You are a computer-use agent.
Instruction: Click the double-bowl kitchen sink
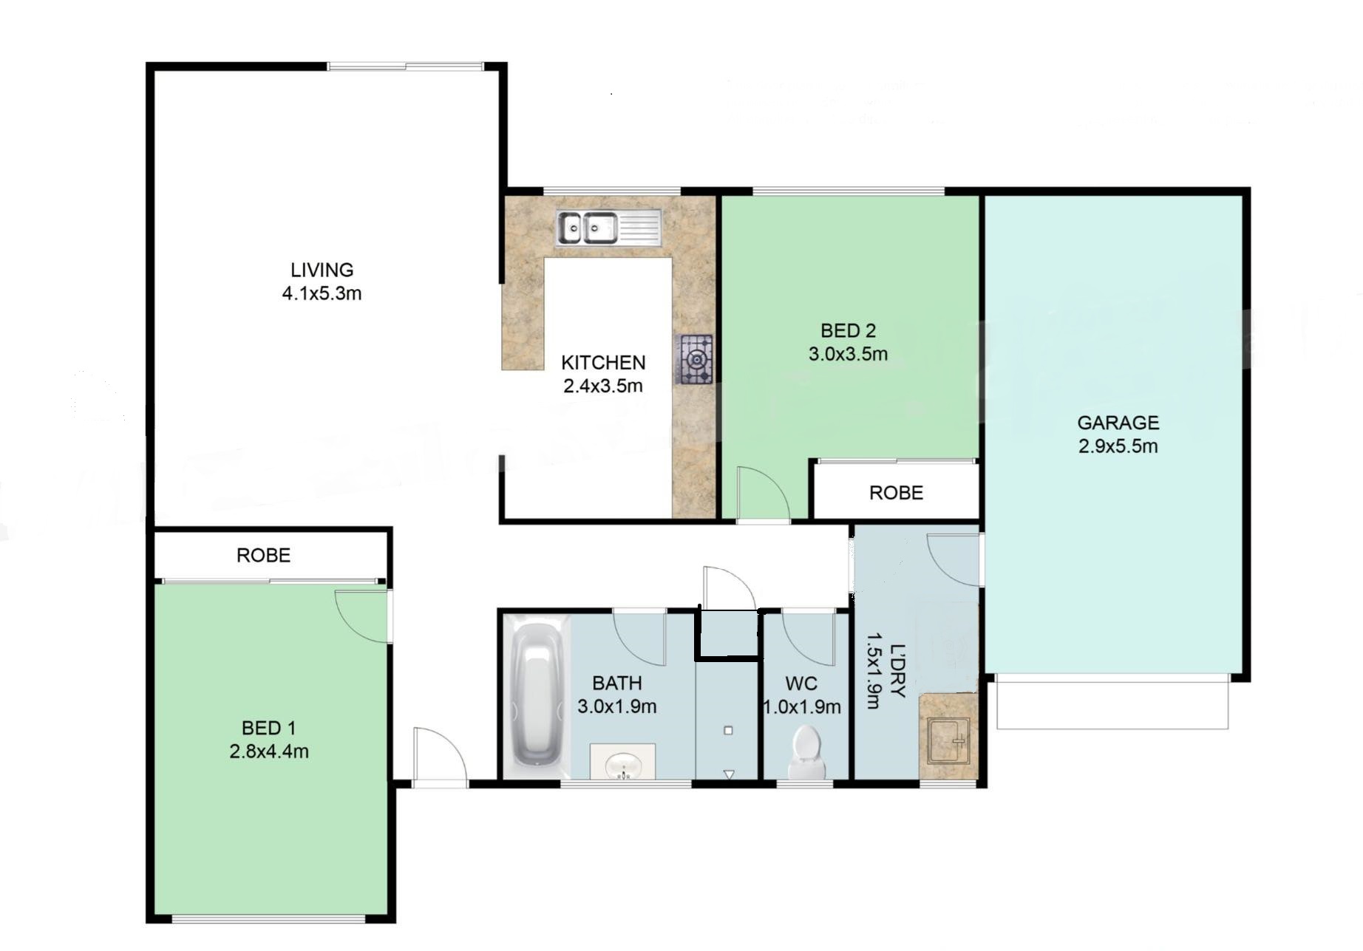tap(609, 228)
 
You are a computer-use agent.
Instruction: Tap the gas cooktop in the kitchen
tap(696, 359)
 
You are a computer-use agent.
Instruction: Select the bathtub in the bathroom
tap(537, 696)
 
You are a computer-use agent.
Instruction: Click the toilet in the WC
tap(806, 751)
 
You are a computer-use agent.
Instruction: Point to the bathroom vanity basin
tap(623, 763)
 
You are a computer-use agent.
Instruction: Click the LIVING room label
tap(322, 270)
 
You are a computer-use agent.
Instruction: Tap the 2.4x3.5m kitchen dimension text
tap(603, 386)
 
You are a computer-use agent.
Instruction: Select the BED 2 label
tap(848, 330)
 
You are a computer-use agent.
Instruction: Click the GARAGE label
tap(1118, 423)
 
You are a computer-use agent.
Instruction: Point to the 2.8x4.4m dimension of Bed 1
tap(269, 751)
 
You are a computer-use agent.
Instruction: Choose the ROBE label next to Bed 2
tap(896, 493)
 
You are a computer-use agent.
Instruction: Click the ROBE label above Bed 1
tap(263, 556)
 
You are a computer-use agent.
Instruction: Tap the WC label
tap(801, 684)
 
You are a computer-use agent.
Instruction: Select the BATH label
tap(616, 683)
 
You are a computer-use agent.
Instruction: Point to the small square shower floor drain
tap(728, 730)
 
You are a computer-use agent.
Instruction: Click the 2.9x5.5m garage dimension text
tap(1118, 446)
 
